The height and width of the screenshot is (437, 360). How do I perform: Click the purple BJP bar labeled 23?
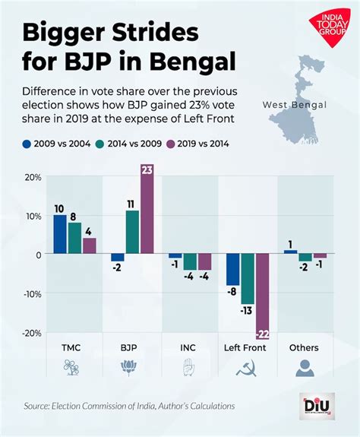[x=147, y=209]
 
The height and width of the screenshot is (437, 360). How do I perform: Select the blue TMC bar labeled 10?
[x=59, y=234]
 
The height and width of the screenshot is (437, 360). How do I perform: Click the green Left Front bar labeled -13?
[x=248, y=278]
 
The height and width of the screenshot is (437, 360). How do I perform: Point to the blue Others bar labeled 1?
[x=289, y=252]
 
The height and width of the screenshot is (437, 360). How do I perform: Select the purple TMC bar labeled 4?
[x=90, y=245]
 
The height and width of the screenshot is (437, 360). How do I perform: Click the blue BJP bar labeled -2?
[x=117, y=258]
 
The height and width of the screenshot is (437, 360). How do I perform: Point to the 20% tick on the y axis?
[x=33, y=176]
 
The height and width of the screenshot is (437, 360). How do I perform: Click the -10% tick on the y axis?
[x=31, y=293]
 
